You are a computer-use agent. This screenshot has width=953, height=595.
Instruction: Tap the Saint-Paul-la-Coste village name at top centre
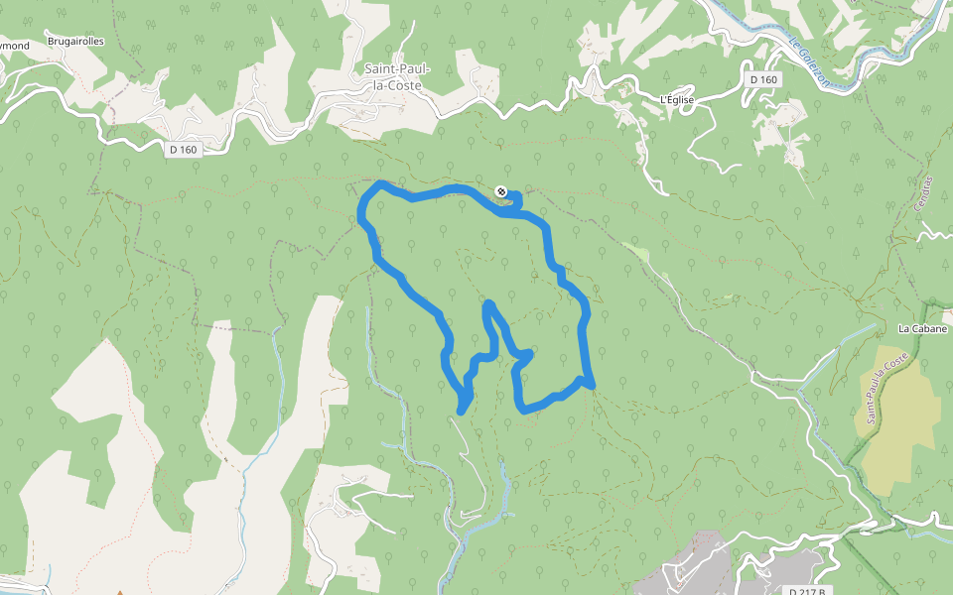point(393,77)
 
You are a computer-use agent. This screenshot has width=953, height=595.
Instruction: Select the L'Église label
point(677,100)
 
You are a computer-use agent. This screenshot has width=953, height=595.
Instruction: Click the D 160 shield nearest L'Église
point(764,79)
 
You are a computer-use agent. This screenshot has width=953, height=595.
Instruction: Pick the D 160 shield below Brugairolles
point(184,150)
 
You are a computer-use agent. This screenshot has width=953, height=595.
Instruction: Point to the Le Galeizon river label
point(810,63)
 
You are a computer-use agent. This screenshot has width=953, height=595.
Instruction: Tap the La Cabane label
point(923,328)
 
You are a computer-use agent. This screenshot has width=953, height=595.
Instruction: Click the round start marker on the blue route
point(501,190)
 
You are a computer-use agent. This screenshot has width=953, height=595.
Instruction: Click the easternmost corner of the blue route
point(591,384)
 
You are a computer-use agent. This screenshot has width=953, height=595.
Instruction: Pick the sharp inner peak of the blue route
point(487,304)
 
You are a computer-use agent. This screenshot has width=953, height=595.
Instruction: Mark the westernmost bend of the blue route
point(361,211)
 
